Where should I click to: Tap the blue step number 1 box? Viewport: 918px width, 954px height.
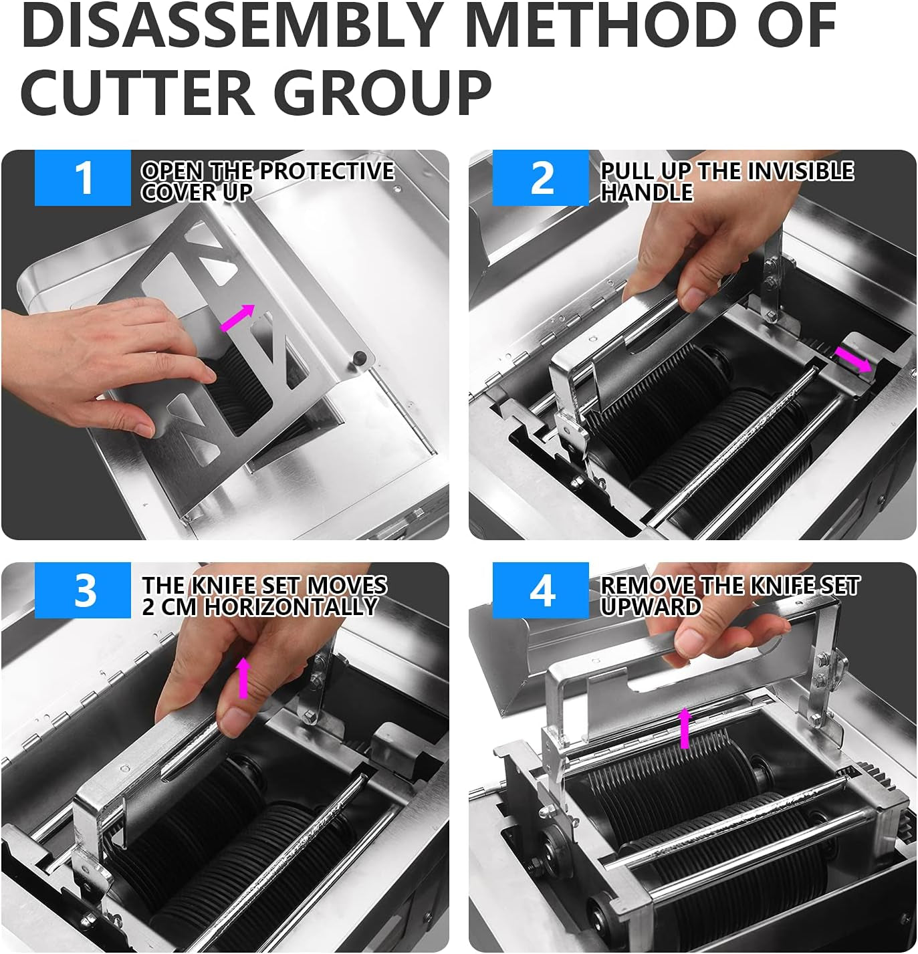[83, 178]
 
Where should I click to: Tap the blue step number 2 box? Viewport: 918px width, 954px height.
[541, 178]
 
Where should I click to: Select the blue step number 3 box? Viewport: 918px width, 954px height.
[83, 591]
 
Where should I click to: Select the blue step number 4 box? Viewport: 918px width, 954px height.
[541, 591]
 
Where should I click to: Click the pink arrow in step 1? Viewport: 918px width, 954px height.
[238, 318]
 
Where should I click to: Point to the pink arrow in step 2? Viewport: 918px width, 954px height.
[853, 359]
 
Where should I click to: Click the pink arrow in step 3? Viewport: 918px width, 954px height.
[243, 677]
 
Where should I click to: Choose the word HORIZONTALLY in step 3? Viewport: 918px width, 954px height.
[291, 606]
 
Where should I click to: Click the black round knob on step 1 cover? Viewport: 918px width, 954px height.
[360, 356]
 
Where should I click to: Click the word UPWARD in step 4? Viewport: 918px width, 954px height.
[650, 606]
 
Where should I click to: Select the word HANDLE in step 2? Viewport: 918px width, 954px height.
[647, 193]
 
